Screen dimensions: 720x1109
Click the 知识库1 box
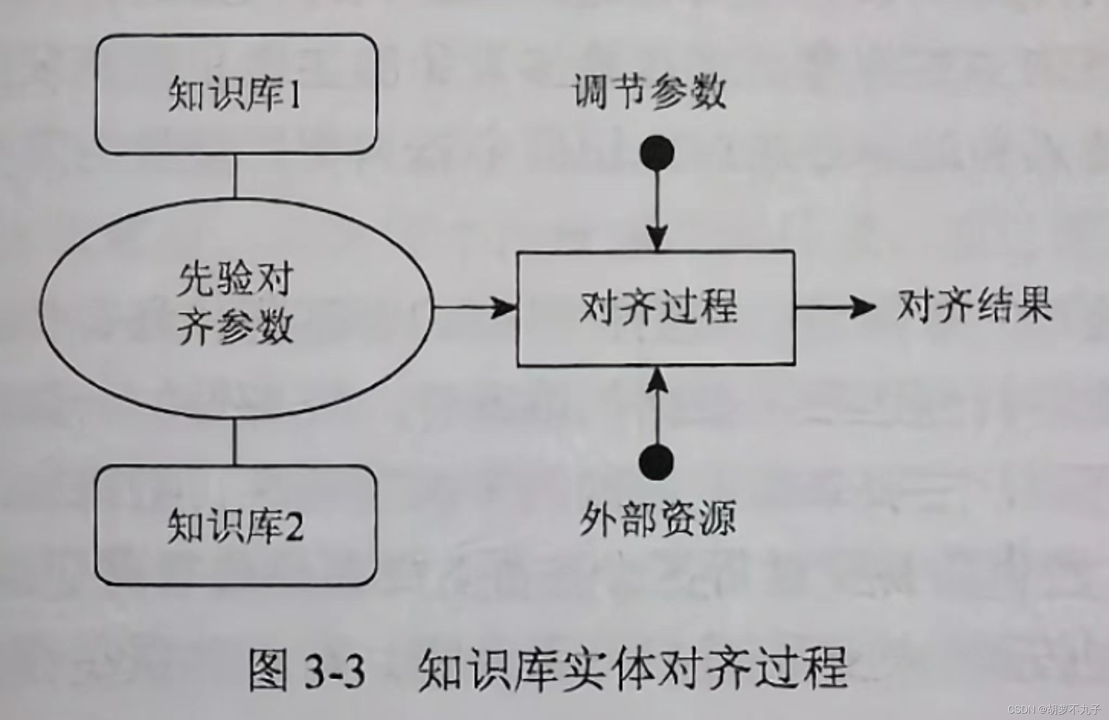pos(236,94)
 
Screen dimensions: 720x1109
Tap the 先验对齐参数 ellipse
pos(236,307)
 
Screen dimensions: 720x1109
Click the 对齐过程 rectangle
pos(656,308)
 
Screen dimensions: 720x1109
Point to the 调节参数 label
pos(648,92)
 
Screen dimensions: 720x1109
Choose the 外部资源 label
pos(657,518)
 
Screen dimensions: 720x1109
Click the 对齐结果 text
pos(974,307)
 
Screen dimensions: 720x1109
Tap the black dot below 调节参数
pos(657,152)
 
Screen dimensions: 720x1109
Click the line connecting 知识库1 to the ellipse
pos(235,176)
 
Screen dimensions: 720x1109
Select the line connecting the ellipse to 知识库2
pos(235,442)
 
